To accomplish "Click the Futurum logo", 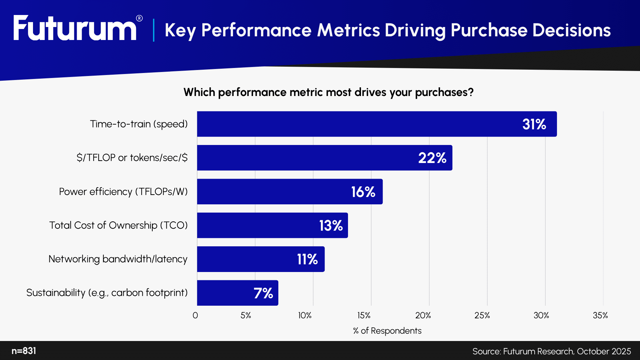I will tap(75, 29).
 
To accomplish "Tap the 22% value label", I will tap(432, 158).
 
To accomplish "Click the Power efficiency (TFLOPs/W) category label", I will tap(123, 192).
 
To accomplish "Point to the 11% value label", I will tap(307, 259).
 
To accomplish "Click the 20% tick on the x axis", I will tap(423, 315).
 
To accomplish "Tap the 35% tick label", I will tap(600, 315).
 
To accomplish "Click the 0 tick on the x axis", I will tap(195, 315).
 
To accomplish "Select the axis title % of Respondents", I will tap(387, 331).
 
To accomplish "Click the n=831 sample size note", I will tap(24, 351).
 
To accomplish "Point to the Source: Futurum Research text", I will tap(551, 351).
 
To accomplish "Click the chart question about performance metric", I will tap(328, 92).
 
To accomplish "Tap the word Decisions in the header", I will tap(571, 30).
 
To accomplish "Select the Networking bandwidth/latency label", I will tap(118, 259).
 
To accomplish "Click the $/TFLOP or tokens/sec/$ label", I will tap(132, 158).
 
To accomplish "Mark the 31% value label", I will tap(534, 124).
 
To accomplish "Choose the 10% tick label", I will tap(305, 315).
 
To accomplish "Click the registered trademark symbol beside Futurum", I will tap(139, 18).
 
